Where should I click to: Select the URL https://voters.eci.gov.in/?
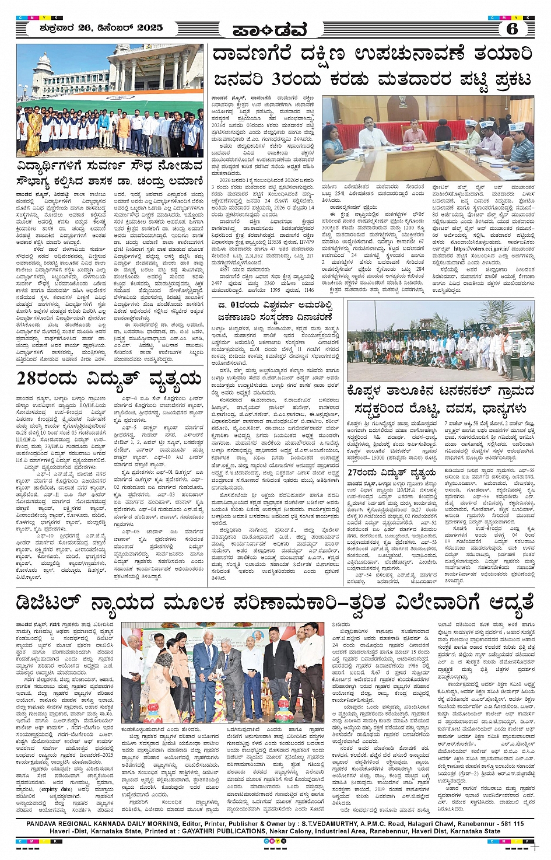[x=478, y=248]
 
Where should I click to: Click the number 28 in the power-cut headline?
[x=36, y=380]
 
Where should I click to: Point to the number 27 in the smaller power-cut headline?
[x=356, y=472]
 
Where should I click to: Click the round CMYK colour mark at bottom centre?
[x=276, y=841]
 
